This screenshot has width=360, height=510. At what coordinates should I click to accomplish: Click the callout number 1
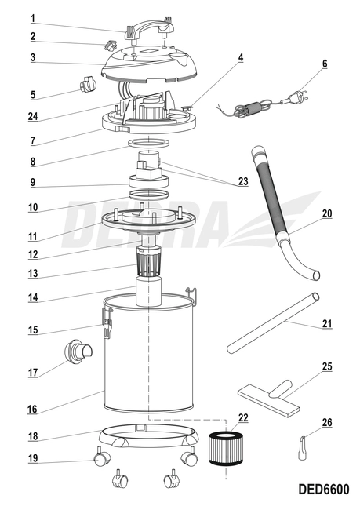click(32, 18)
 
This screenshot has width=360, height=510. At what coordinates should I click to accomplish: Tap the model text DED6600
click(323, 490)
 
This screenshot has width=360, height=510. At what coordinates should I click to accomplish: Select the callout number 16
click(32, 409)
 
